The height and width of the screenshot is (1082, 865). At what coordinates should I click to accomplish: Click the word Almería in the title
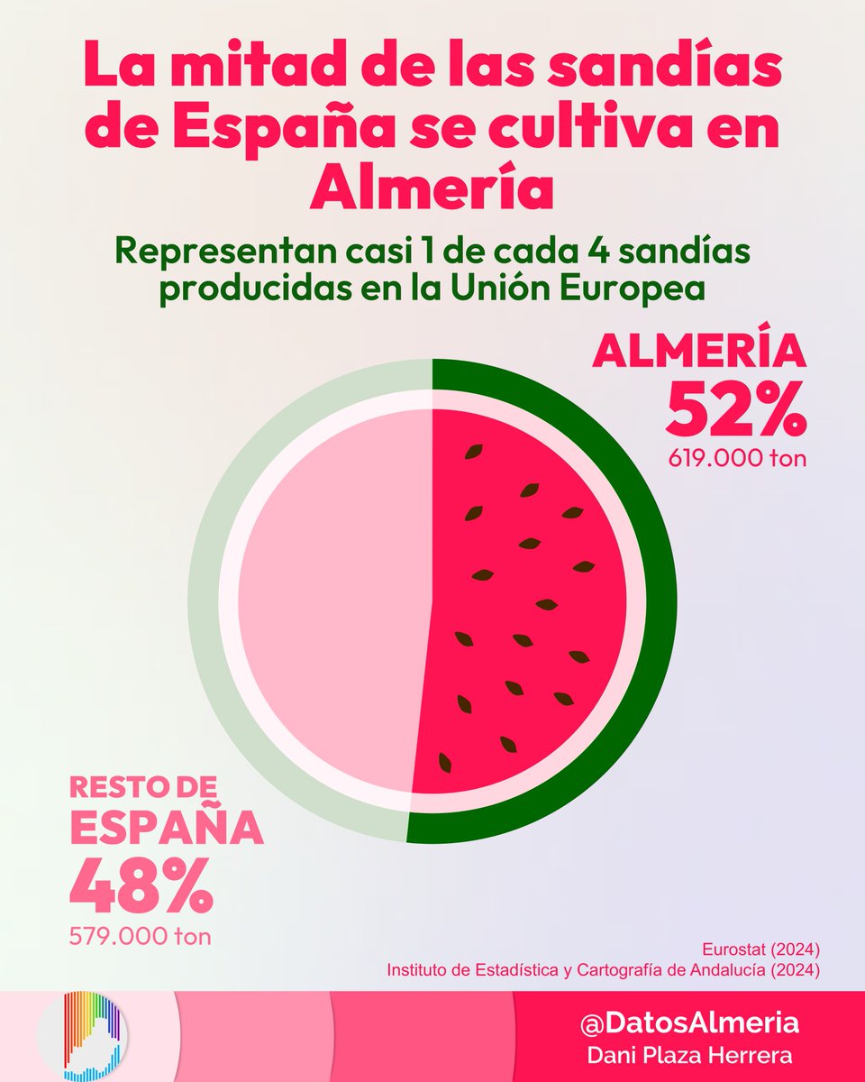click(x=432, y=187)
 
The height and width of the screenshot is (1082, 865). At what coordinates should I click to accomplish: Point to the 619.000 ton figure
click(x=736, y=458)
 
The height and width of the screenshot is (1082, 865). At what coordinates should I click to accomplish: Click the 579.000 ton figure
click(x=141, y=936)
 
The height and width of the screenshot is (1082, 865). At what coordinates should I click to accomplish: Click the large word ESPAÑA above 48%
click(x=167, y=829)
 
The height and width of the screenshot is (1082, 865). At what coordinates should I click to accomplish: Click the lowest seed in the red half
click(x=444, y=762)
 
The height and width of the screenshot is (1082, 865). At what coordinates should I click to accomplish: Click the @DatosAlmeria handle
click(x=689, y=1023)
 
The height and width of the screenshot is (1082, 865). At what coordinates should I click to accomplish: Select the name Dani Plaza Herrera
click(x=689, y=1053)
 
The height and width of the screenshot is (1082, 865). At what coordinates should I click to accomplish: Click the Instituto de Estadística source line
click(x=603, y=970)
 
